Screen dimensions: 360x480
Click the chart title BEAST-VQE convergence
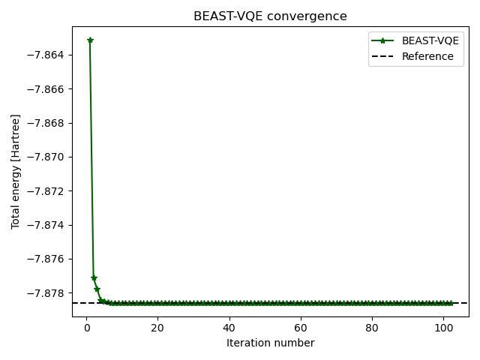click(270, 16)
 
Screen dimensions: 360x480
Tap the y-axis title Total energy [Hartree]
click(16, 172)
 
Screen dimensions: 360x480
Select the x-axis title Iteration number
click(270, 343)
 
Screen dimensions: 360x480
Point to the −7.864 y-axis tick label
click(47, 55)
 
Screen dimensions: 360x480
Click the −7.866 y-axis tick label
click(47, 89)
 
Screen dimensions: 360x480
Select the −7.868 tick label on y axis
click(47, 123)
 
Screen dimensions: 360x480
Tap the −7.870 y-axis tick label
click(47, 157)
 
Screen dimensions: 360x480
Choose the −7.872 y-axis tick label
click(47, 191)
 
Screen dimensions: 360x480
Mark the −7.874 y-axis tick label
click(47, 225)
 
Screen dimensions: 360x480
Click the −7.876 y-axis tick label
click(47, 259)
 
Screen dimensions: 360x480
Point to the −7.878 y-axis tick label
click(47, 292)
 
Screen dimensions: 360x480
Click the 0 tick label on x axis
click(86, 328)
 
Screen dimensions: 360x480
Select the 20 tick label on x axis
click(157, 328)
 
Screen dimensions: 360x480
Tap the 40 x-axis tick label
click(229, 328)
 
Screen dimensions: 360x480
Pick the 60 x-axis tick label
click(300, 328)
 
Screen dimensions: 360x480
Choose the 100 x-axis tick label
click(442, 328)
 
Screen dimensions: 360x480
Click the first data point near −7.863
click(90, 40)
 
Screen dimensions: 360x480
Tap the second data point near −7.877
click(94, 278)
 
